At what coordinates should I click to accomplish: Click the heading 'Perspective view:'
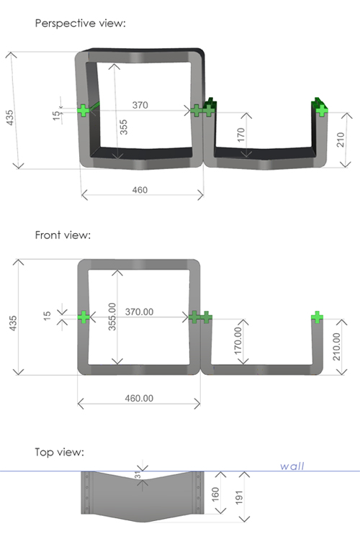pyautogui.click(x=80, y=23)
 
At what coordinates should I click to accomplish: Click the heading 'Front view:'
pyautogui.click(x=63, y=235)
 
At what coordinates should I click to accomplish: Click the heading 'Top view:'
pyautogui.click(x=59, y=452)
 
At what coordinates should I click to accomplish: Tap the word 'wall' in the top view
pyautogui.click(x=292, y=466)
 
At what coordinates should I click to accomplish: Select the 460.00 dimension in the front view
pyautogui.click(x=139, y=398)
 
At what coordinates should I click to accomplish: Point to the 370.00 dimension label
pyautogui.click(x=139, y=312)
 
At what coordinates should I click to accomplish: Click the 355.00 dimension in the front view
pyautogui.click(x=112, y=317)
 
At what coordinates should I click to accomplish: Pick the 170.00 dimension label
pyautogui.click(x=238, y=340)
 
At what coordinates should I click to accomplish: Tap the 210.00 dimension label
pyautogui.click(x=336, y=346)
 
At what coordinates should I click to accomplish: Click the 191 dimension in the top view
pyautogui.click(x=239, y=497)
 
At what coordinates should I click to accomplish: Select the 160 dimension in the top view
pyautogui.click(x=215, y=494)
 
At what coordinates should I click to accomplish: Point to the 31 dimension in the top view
pyautogui.click(x=138, y=475)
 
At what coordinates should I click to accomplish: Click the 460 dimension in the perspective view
pyautogui.click(x=140, y=190)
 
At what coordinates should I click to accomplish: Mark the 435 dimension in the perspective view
pyautogui.click(x=10, y=117)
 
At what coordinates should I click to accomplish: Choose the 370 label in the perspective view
pyautogui.click(x=140, y=105)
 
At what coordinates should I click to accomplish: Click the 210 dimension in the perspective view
pyautogui.click(x=341, y=140)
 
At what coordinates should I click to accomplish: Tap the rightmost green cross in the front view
pyautogui.click(x=317, y=317)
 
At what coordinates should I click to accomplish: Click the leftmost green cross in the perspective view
pyautogui.click(x=83, y=110)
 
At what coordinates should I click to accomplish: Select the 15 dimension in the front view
pyautogui.click(x=47, y=316)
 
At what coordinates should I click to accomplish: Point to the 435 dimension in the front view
pyautogui.click(x=12, y=323)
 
